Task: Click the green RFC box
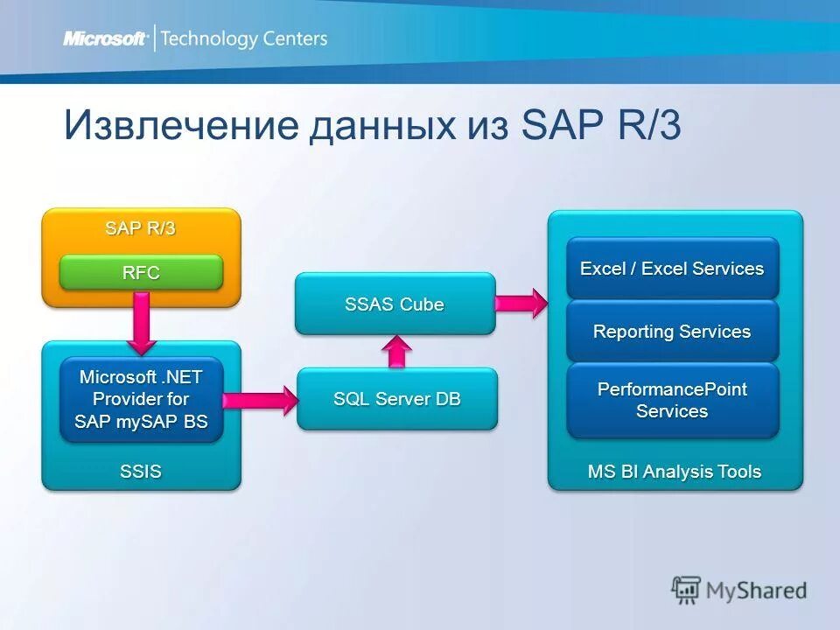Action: point(141,273)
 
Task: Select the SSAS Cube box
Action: point(395,304)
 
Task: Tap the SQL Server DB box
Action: point(396,399)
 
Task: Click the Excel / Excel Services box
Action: point(672,269)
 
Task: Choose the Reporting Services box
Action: point(672,332)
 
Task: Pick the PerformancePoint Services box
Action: point(672,400)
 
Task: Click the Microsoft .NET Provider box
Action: point(141,400)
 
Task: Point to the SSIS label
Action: point(141,472)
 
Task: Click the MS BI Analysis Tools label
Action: point(674,472)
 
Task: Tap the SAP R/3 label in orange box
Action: point(141,228)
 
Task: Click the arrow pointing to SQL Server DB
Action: point(260,401)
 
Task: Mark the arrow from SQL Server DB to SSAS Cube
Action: point(397,351)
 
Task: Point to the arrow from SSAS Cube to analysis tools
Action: point(521,303)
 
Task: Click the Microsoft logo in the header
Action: point(104,38)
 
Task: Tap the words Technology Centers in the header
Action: point(244,38)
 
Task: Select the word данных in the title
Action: point(379,125)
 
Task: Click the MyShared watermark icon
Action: point(687,590)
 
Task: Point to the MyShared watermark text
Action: point(758,591)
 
